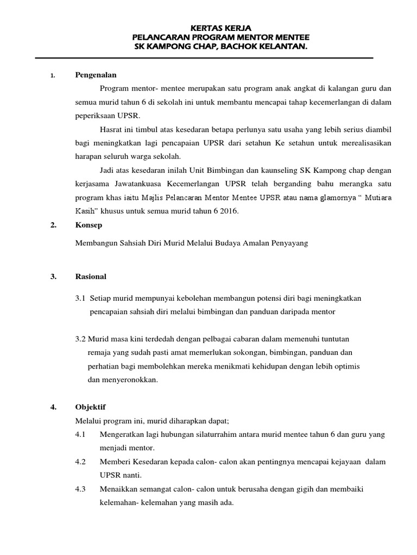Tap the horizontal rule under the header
tap(204, 58)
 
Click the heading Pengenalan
tap(96, 75)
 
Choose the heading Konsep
tap(87, 224)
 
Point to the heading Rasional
tap(91, 276)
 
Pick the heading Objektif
tap(90, 406)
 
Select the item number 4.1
tap(81, 435)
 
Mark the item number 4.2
tap(81, 462)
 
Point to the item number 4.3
tap(81, 489)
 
